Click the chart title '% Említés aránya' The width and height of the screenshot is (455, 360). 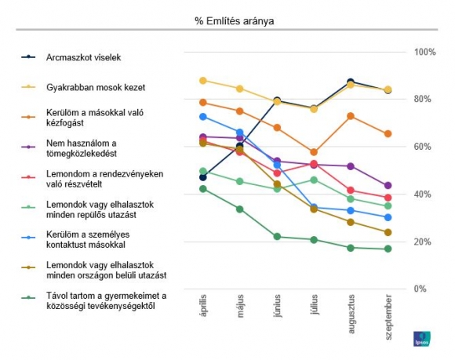point(235,21)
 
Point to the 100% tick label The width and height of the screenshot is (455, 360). point(425,53)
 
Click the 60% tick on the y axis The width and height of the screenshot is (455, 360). point(423,147)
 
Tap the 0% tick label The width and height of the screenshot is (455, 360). point(420,289)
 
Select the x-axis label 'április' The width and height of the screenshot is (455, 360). point(203,305)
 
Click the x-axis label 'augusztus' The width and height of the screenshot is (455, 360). point(351,314)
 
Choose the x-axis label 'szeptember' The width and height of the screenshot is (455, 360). point(388,317)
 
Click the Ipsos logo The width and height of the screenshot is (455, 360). point(422,339)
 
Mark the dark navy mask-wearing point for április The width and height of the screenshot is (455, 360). point(203,177)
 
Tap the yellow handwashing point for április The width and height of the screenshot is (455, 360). point(203,81)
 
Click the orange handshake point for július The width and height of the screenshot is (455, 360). point(314,152)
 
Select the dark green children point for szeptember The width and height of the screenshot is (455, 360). point(388,249)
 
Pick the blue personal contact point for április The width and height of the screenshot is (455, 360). point(203,117)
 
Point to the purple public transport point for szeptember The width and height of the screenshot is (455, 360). point(388,186)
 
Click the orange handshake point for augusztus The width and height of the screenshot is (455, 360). point(351,116)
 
